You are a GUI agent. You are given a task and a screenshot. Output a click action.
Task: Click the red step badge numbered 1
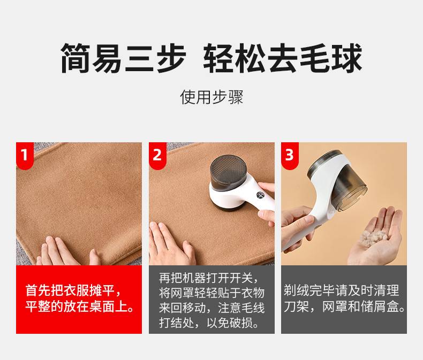(25, 156)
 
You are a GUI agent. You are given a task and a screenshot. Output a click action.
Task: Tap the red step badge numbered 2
(157, 156)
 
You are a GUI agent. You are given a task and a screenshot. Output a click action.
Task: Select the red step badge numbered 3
(290, 156)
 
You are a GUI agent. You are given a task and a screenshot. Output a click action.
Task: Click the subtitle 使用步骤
(211, 97)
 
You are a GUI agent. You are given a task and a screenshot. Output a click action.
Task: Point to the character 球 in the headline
(347, 58)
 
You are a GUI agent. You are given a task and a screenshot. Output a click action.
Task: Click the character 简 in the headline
(75, 58)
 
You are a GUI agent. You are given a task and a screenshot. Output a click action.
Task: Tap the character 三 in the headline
(140, 58)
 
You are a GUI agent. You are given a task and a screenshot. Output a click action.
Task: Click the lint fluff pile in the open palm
(374, 238)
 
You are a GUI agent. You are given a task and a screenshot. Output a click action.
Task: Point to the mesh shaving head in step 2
(228, 168)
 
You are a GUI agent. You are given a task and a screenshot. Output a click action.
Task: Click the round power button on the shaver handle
(260, 195)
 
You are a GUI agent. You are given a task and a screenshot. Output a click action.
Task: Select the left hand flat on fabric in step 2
(172, 244)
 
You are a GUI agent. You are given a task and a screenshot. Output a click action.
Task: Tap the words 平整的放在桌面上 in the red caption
(76, 307)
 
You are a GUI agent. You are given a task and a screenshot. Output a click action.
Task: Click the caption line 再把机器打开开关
(206, 278)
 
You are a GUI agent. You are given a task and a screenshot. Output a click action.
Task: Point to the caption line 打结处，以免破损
(206, 323)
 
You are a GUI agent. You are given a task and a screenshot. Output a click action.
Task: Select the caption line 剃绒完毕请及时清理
(341, 290)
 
